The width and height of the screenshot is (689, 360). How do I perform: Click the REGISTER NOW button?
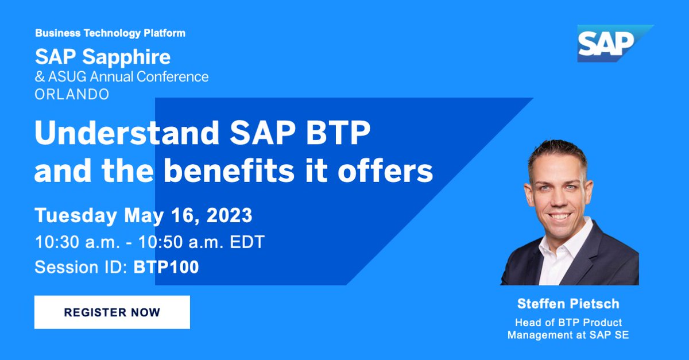coord(112,312)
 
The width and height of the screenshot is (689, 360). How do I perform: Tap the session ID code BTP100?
coord(166,267)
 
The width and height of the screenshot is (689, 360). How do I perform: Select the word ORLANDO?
coord(72,94)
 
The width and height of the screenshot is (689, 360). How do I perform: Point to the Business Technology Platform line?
coord(110,33)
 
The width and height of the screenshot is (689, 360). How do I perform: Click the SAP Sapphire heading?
coord(103,57)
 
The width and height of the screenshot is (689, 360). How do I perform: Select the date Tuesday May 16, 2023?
coord(144,216)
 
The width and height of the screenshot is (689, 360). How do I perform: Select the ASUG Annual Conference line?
coord(122,76)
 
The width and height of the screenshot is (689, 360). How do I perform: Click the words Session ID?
coord(82,267)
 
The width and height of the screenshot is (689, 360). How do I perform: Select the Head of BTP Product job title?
coord(568,322)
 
